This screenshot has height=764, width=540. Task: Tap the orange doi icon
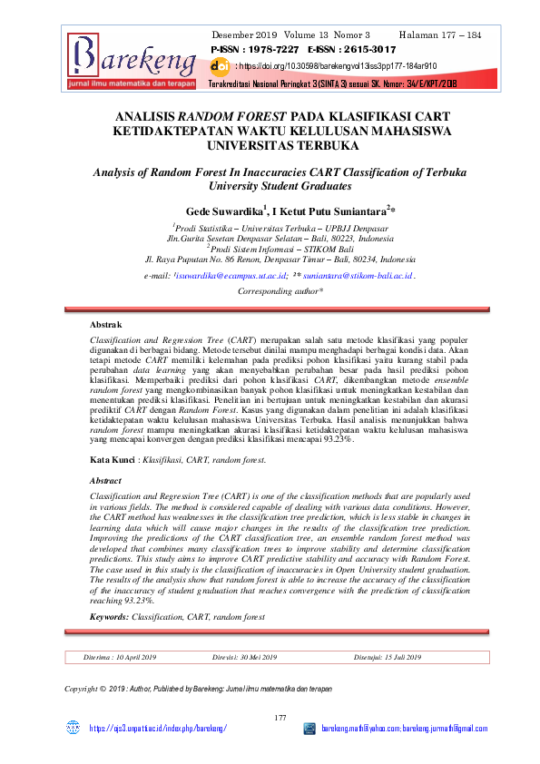tap(220, 66)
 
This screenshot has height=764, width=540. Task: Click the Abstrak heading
tap(106, 324)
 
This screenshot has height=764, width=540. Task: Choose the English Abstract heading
tap(108, 480)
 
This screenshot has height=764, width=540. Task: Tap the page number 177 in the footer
tap(280, 719)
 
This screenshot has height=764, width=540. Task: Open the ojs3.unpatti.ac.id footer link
tap(156, 729)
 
